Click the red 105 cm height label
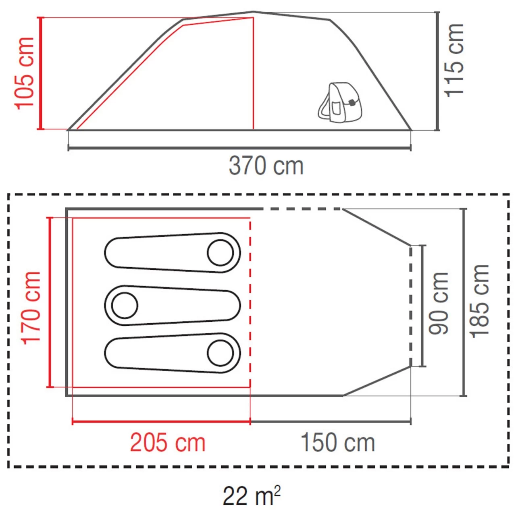coord(25,73)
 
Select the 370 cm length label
coord(266,166)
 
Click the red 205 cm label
coord(168,443)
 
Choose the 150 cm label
coord(338,443)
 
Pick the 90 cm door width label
coord(439,304)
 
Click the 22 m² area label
coord(252,496)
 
